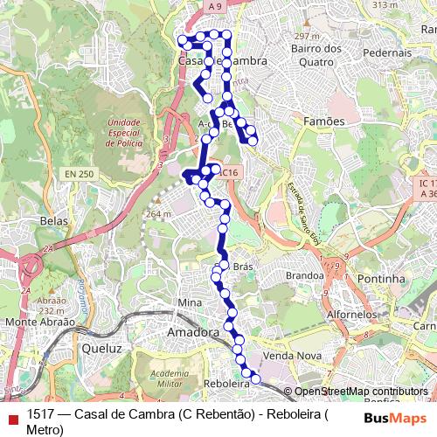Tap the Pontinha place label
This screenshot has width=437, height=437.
tap(382, 279)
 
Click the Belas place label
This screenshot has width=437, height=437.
tap(54, 221)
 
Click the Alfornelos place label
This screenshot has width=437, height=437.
tap(349, 312)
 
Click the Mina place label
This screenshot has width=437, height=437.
tap(190, 302)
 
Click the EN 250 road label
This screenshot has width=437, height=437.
tap(79, 175)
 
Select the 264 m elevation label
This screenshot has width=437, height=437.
tap(158, 213)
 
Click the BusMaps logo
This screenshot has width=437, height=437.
tap(395, 418)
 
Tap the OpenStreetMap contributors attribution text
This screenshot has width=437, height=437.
tap(361, 392)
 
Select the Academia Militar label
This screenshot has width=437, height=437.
tap(169, 378)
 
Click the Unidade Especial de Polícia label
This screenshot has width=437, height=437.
tap(122, 134)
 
